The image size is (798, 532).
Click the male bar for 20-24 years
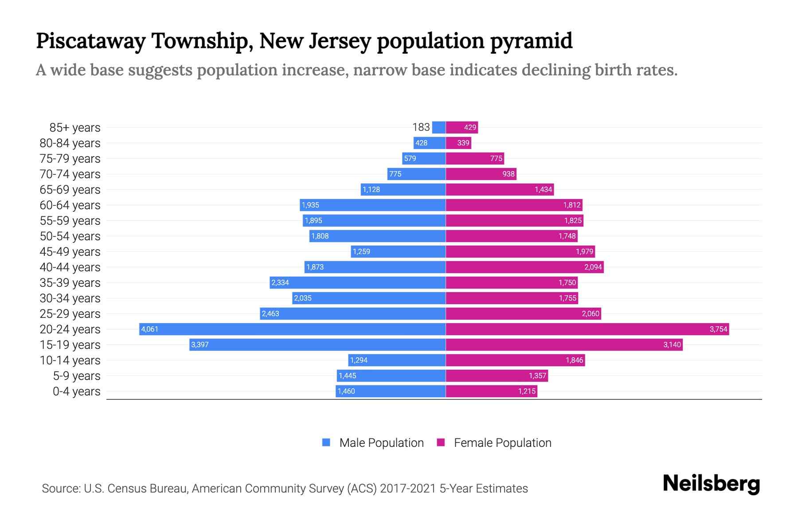pos(293,329)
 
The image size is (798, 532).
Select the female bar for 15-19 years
pos(564,344)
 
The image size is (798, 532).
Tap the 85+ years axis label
pos(75,128)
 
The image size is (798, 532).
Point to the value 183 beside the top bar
pos(421,127)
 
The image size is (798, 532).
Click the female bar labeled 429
pos(462,127)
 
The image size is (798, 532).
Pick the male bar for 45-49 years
pos(398,251)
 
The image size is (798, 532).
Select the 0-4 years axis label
pos(76,391)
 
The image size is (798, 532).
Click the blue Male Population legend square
pos(326,442)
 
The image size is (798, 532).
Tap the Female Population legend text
pos(502,443)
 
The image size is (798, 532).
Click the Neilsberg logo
pos(711,484)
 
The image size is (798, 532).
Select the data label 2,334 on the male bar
pos(280,282)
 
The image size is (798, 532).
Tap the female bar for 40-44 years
pos(524,267)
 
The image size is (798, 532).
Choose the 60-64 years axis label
pos(70,205)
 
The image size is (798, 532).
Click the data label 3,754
pos(718,329)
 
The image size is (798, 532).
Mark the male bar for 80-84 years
pos(430,143)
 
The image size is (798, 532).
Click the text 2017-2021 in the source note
pos(408,489)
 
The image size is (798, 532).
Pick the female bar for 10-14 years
pos(515,360)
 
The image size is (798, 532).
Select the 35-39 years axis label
pos(70,283)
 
